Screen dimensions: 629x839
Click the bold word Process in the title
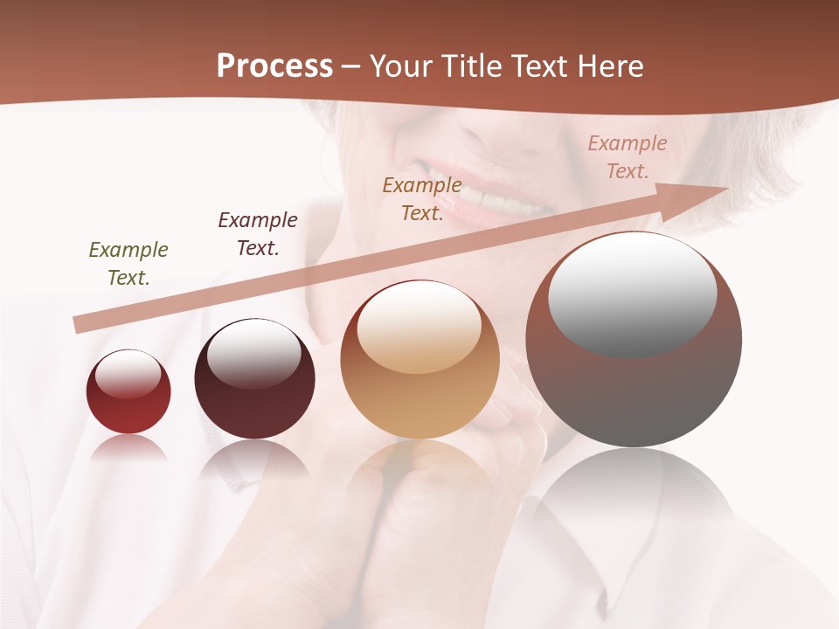tap(274, 66)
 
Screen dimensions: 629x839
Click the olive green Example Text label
tap(128, 264)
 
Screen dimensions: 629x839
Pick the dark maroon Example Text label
tap(258, 234)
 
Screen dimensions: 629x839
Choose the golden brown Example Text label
tap(422, 199)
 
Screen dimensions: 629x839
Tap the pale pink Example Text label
tap(628, 157)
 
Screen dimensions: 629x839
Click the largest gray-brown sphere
tap(634, 393)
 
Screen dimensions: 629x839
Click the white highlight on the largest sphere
tap(633, 294)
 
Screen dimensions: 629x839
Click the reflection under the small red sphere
tap(128, 447)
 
